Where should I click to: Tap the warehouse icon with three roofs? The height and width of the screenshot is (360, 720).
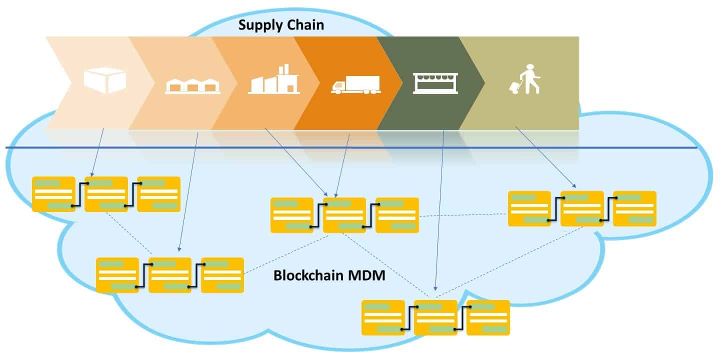[192, 85]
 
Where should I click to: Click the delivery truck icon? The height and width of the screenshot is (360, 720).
[355, 85]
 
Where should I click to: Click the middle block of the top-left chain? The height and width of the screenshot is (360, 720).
[106, 194]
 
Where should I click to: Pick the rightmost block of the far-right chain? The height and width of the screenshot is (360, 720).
[634, 208]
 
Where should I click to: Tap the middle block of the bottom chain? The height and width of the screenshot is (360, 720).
[435, 317]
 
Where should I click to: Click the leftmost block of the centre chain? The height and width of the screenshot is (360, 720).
[292, 215]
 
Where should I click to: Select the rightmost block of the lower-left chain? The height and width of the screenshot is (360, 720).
[222, 275]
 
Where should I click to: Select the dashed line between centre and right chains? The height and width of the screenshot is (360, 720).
[463, 215]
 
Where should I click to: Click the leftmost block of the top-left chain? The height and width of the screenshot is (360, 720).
[53, 194]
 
